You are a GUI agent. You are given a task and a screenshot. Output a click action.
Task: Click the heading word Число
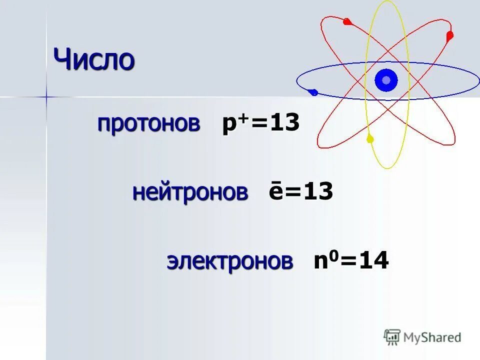point(94,60)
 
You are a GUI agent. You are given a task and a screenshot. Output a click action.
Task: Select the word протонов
point(148,123)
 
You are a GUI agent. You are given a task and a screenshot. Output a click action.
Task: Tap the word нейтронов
point(190,192)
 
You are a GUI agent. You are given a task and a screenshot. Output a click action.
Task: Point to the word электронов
point(229,261)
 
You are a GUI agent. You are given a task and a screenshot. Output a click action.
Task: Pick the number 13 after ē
point(318,192)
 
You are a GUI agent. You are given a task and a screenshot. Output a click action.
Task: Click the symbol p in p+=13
point(228,125)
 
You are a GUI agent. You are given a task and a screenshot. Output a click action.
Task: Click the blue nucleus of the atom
point(386,80)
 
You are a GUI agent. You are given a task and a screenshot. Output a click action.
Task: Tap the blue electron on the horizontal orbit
point(313,92)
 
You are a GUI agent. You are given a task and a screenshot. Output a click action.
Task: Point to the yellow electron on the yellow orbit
point(370,138)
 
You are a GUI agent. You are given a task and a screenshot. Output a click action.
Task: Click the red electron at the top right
point(449,35)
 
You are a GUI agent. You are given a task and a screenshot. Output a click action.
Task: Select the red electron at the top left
point(347,21)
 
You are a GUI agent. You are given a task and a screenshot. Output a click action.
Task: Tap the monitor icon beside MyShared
point(392,337)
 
